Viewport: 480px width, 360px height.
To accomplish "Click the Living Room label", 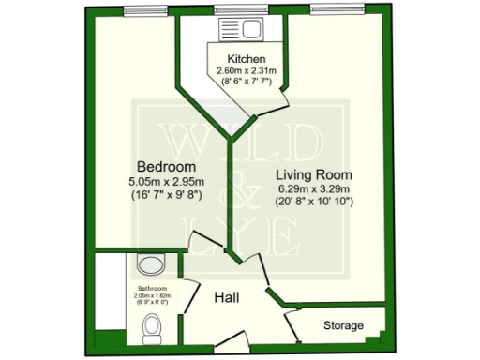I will (313, 174).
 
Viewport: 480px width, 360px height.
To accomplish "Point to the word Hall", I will (226, 297).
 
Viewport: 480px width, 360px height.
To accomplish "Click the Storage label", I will (342, 325).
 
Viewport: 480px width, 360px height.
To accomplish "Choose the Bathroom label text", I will (153, 288).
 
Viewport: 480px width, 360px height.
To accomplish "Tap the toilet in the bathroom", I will (151, 328).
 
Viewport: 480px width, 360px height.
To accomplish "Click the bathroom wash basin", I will (158, 265).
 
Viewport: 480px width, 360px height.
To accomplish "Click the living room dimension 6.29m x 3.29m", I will (313, 188).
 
